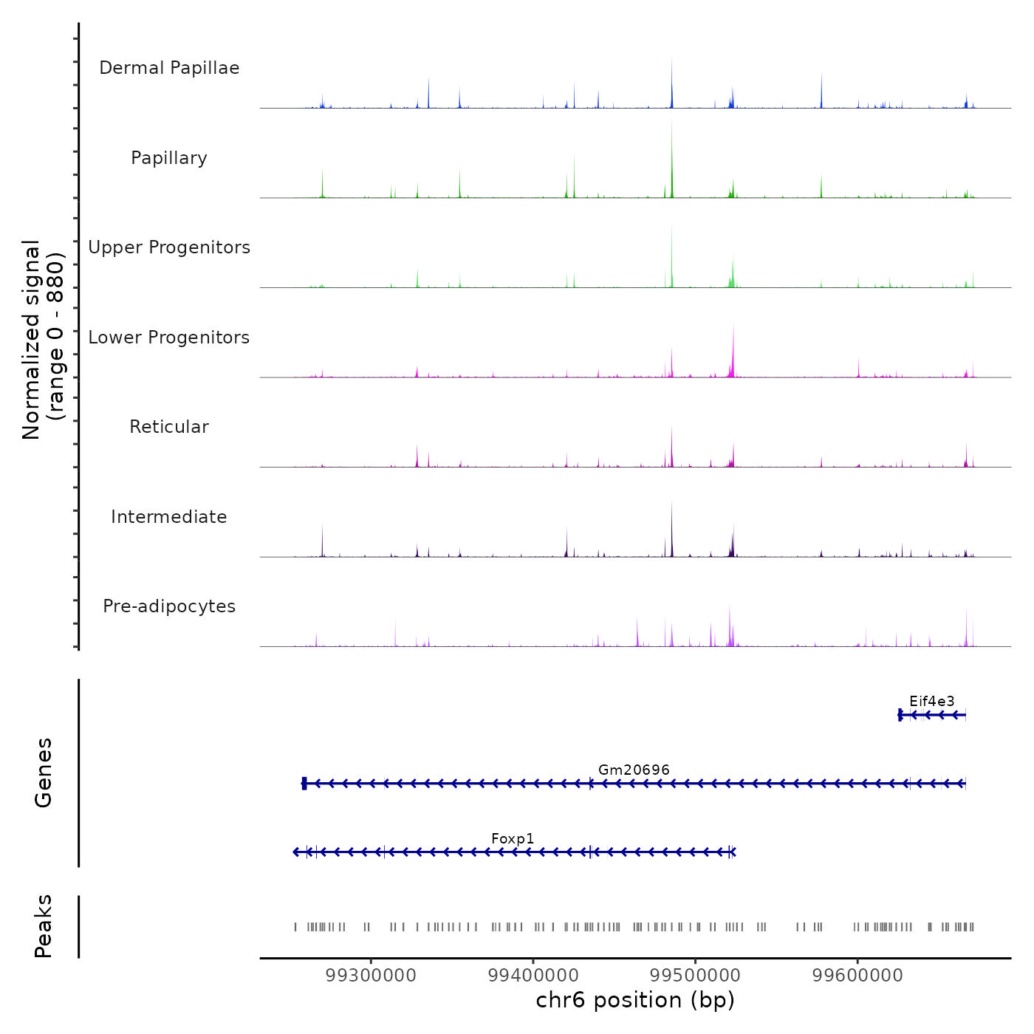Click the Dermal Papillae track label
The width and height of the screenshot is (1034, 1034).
coord(169,68)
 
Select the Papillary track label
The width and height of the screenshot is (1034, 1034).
coord(169,158)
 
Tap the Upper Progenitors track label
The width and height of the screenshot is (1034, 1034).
coord(169,247)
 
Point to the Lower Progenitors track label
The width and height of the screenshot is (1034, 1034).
coord(169,338)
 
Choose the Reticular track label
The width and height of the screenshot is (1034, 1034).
coord(169,427)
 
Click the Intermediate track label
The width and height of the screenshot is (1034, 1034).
coord(169,517)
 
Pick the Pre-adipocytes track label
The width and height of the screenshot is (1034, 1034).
coord(169,606)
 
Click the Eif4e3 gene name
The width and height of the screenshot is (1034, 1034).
coord(931,701)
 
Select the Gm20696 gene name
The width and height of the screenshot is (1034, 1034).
coord(634,770)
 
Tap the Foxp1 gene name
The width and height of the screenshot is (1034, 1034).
coord(513,838)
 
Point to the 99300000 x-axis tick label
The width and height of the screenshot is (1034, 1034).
coord(371,976)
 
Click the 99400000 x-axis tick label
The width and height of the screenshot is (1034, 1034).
coord(533,976)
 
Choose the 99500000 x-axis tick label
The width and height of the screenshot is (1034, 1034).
coord(695,976)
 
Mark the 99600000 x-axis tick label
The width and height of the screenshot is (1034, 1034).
coord(857,976)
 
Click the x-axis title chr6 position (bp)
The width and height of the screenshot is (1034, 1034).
coord(635,1000)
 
